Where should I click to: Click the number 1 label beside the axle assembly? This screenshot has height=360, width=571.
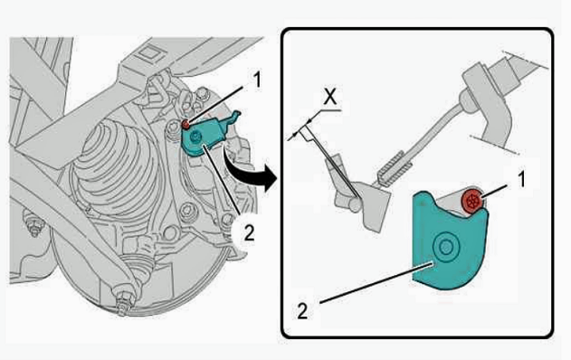click(x=257, y=80)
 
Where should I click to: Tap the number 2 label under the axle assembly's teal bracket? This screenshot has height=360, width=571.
click(x=249, y=233)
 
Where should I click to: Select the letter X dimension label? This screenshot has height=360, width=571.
click(x=330, y=97)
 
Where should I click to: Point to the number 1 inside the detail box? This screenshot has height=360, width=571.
click(x=521, y=180)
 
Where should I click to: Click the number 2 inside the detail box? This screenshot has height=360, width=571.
click(x=302, y=311)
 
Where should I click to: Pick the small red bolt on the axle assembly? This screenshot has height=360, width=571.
click(x=186, y=125)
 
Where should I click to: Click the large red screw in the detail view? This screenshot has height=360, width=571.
click(x=472, y=201)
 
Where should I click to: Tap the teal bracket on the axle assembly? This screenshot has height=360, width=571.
click(x=204, y=137)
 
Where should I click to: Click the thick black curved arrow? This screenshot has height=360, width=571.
click(x=252, y=173)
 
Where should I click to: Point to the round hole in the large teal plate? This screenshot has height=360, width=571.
click(x=446, y=248)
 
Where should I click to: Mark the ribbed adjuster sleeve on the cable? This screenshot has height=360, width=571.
click(x=395, y=168)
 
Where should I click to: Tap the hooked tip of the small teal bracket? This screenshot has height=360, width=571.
click(x=236, y=115)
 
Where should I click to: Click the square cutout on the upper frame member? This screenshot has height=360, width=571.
click(x=149, y=53)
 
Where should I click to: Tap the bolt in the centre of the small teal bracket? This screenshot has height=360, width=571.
click(x=195, y=137)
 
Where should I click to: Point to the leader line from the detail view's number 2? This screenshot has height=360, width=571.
click(x=376, y=282)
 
